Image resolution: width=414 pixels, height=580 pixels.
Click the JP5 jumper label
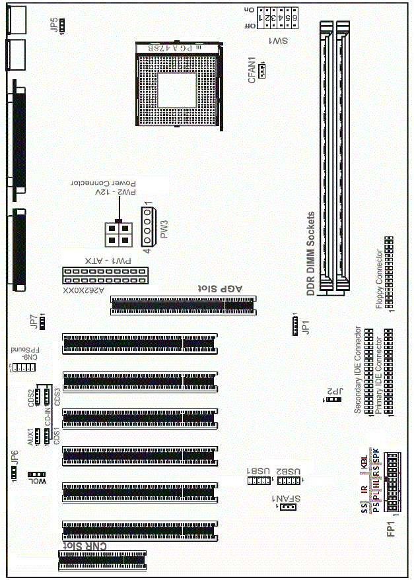coord(53,25)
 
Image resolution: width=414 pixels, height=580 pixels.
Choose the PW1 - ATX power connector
coord(106,273)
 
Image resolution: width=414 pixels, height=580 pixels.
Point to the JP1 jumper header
coord(295,325)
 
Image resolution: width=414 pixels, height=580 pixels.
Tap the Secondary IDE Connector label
coord(358,370)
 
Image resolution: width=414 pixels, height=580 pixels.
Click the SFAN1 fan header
coord(287,507)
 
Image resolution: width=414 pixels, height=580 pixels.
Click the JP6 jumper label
coord(15,457)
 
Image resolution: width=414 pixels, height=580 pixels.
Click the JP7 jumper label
coord(34,321)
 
